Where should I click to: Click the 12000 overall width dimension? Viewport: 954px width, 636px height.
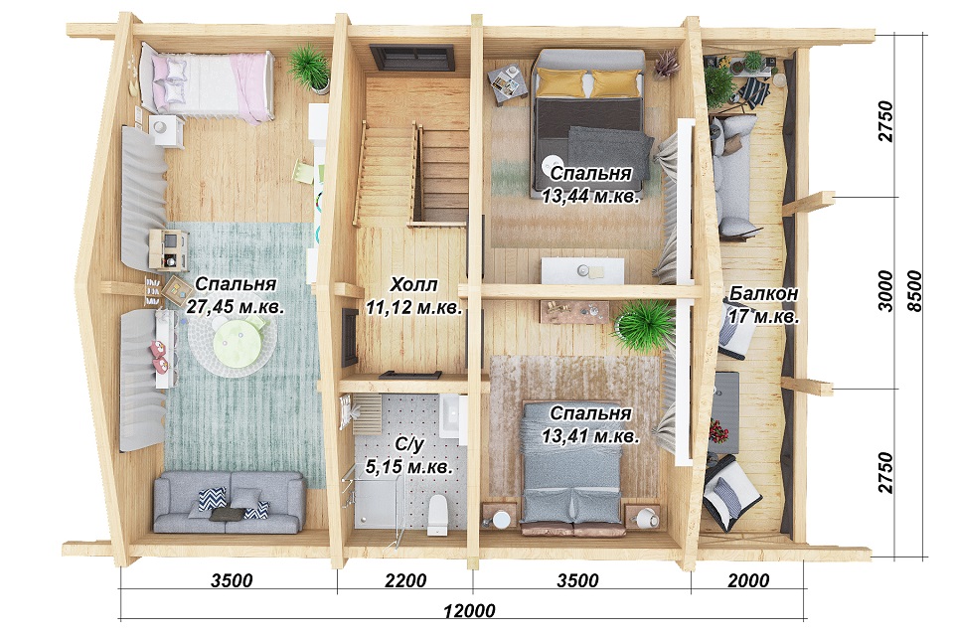click(469, 610)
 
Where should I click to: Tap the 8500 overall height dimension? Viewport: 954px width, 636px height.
click(914, 292)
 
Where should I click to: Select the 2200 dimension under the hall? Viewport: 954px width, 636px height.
click(405, 580)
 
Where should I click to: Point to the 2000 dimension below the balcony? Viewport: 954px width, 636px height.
click(748, 580)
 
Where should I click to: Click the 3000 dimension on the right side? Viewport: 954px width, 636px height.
click(885, 291)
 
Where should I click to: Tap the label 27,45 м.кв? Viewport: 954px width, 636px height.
click(235, 306)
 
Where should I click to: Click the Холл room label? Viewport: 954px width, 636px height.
click(413, 284)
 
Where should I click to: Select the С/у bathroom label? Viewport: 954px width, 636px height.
click(408, 444)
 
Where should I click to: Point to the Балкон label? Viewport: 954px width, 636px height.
click(763, 293)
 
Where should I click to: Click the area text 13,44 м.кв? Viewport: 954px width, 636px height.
click(590, 196)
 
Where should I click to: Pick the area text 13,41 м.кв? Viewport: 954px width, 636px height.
click(590, 436)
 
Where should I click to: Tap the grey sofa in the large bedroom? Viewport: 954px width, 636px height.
click(229, 503)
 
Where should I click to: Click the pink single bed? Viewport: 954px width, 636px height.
click(207, 84)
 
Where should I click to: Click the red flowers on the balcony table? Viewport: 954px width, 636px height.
click(717, 432)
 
